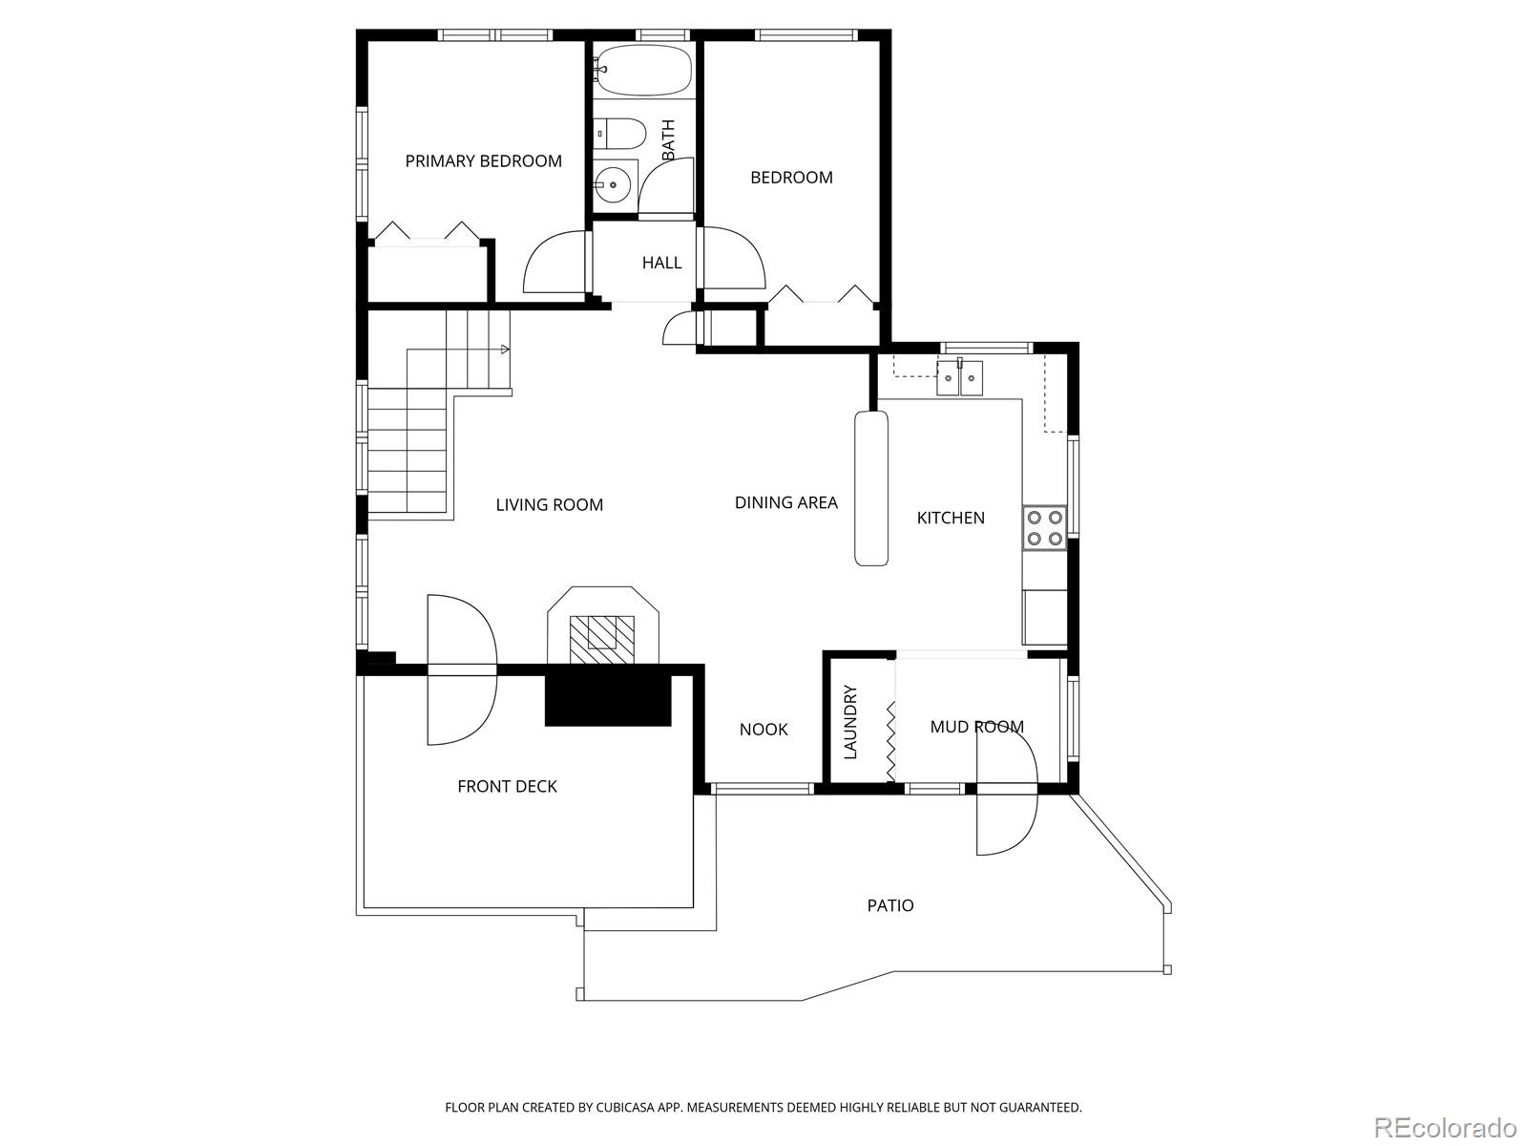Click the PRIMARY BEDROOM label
coord(484,161)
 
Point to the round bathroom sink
coord(613,185)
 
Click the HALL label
coord(661,263)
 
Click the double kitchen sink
coord(959,378)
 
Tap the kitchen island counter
coord(871,488)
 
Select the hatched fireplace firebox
coord(602,640)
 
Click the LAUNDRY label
coord(850,722)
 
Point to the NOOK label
coord(763,730)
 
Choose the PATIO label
coord(890,905)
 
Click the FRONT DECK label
coord(507,786)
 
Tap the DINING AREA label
coord(786,502)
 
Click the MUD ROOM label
coord(976,727)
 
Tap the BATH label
coord(669,139)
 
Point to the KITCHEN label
coord(951,518)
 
